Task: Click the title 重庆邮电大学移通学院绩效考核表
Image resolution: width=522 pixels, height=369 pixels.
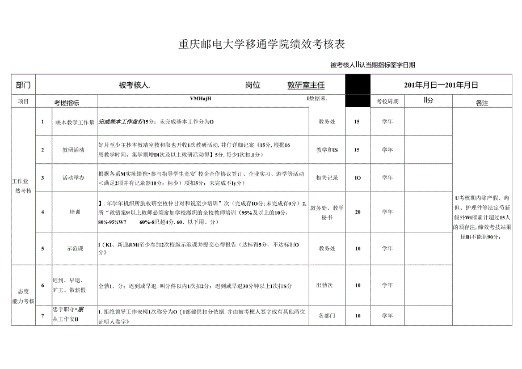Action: (x=262, y=44)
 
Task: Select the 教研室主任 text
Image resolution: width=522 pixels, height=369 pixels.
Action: (x=306, y=85)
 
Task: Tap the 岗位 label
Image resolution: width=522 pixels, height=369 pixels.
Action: (x=252, y=85)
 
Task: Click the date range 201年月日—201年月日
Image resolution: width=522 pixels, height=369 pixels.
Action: (x=441, y=85)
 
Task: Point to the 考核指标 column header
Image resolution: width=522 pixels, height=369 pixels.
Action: (x=66, y=103)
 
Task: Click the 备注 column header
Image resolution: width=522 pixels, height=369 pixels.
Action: (x=482, y=103)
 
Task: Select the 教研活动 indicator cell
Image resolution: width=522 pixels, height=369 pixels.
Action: (x=73, y=150)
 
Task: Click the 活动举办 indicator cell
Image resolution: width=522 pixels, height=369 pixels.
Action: (x=73, y=177)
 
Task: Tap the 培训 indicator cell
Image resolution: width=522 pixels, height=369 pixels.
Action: (x=74, y=211)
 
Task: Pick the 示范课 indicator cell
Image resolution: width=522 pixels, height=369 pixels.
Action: (x=73, y=248)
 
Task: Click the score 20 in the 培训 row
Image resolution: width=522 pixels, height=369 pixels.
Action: (x=357, y=211)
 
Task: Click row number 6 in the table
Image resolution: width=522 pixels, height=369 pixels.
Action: (x=43, y=285)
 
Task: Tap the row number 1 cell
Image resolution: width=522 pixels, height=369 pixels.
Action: (x=43, y=121)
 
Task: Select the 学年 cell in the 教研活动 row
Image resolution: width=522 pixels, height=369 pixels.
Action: (x=387, y=150)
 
